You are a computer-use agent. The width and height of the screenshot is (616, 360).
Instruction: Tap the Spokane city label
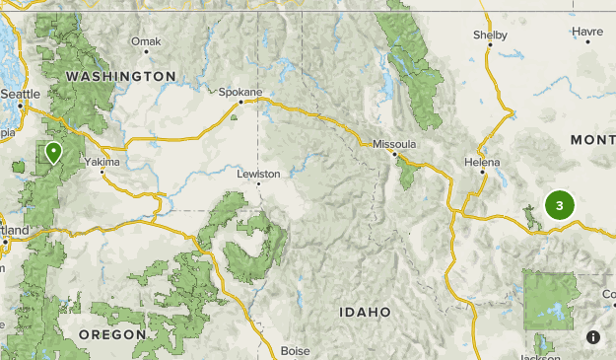(240, 92)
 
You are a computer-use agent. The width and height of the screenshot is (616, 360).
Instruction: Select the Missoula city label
(394, 144)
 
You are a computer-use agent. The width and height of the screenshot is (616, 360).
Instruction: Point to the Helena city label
(482, 162)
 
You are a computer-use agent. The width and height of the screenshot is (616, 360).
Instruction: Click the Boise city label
(295, 350)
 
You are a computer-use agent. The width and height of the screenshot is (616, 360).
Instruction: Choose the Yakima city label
(102, 161)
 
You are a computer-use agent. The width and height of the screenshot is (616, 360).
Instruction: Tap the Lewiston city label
(259, 173)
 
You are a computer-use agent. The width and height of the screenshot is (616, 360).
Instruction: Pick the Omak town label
(145, 41)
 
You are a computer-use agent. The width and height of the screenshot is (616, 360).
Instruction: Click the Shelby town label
(490, 35)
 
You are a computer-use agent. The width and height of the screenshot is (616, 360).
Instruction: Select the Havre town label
(587, 32)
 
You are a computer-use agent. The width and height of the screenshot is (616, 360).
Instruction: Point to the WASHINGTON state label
(121, 76)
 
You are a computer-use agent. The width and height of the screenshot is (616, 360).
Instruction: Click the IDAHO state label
(365, 312)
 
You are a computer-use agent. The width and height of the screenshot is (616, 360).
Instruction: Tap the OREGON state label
(112, 334)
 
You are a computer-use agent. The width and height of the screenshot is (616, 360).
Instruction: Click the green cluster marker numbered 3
(560, 206)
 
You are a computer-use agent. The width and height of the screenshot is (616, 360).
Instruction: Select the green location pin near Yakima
(52, 152)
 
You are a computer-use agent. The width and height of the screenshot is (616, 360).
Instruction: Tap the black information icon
(593, 336)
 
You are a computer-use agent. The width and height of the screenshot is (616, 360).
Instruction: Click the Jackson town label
(539, 356)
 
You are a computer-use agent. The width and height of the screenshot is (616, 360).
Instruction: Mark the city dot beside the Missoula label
(394, 154)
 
